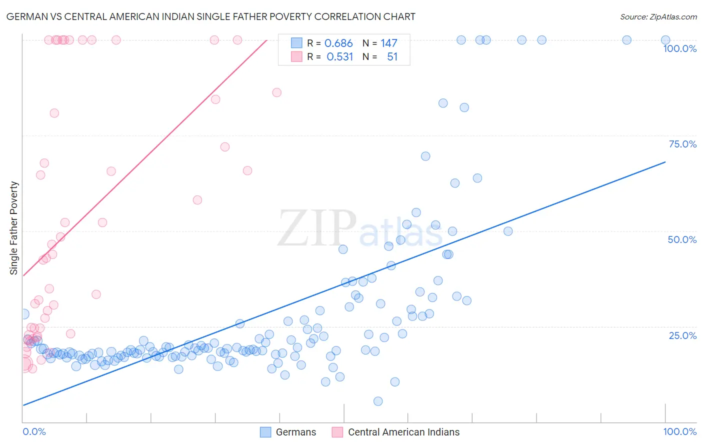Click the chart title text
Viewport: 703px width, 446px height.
(210, 16)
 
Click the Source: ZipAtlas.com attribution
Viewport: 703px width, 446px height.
(658, 16)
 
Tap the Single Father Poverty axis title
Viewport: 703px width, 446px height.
(14, 227)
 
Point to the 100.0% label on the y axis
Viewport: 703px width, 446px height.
(679, 48)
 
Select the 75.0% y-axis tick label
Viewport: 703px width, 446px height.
(682, 144)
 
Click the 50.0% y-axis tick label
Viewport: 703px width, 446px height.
(682, 239)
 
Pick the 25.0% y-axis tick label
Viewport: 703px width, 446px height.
(682, 335)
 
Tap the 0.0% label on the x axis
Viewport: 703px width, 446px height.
(34, 431)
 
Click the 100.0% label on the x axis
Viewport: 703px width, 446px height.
(679, 431)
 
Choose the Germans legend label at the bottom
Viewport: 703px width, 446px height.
(296, 432)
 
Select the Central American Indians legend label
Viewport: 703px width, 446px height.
(403, 432)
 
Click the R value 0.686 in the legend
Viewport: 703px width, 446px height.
(338, 43)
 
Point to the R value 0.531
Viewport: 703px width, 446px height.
(339, 57)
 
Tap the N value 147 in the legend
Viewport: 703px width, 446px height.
(388, 43)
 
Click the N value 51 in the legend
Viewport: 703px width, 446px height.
(392, 57)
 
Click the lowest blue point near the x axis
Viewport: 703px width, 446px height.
(378, 401)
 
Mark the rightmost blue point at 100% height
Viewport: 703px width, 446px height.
(665, 40)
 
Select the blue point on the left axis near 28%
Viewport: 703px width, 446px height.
(24, 314)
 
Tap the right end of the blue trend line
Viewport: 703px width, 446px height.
(665, 161)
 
